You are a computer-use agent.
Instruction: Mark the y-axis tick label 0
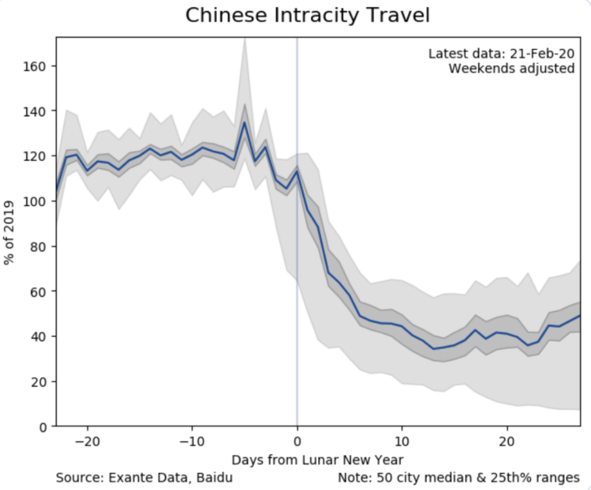(43, 427)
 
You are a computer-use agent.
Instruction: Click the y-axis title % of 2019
(10, 231)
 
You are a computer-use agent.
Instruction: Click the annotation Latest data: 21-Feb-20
(502, 53)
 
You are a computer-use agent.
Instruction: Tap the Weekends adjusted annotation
(512, 68)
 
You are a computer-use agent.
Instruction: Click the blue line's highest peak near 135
(244, 122)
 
